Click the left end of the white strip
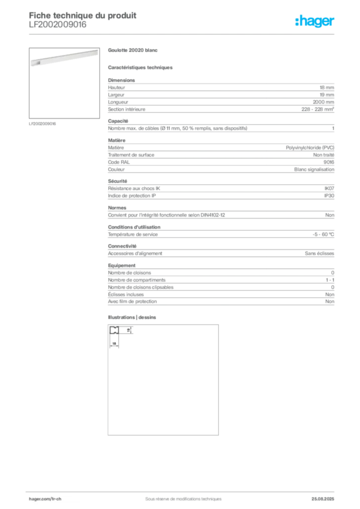[x=32, y=63]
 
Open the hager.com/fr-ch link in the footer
[x=45, y=498]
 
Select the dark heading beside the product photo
[x=133, y=51]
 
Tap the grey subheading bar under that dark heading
[x=141, y=66]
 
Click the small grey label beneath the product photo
[x=44, y=124]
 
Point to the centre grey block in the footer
[x=179, y=496]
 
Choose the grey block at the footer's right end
[x=326, y=496]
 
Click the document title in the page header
[x=82, y=15]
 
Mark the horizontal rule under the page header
[x=199, y=34]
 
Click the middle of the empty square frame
[x=163, y=380]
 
